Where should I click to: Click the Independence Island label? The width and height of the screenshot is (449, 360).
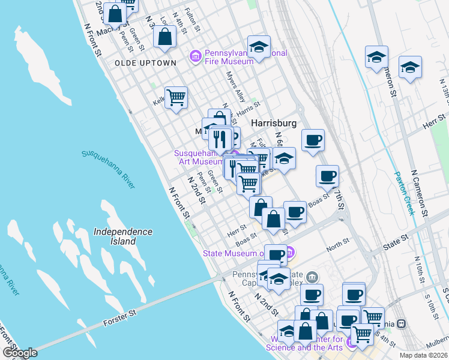pyautogui.click(x=123, y=236)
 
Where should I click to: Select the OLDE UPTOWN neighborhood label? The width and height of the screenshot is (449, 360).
pyautogui.click(x=146, y=63)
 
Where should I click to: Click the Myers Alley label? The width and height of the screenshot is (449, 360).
pyautogui.click(x=236, y=88)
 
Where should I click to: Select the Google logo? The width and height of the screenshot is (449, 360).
pyautogui.click(x=20, y=353)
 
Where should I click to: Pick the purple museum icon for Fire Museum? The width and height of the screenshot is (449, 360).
pyautogui.click(x=195, y=57)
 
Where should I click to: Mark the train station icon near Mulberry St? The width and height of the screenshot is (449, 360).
pyautogui.click(x=402, y=323)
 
